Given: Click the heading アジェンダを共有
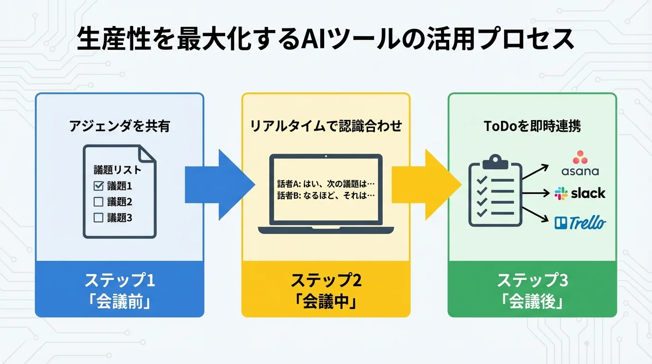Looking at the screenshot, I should coord(119,126).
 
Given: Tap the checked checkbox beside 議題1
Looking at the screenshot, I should coord(99,186).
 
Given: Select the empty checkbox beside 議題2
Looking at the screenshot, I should coord(99,202).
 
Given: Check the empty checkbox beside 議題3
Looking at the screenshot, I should coord(99,218).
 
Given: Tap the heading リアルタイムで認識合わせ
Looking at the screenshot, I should coord(326,126).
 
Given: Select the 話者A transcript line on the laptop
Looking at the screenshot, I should coord(326,183).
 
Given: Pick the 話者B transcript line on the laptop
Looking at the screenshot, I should coord(326,195).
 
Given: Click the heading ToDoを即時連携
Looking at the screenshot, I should coord(532,126).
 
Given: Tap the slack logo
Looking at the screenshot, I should coord(580,193).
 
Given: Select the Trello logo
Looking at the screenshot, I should coord(580,222).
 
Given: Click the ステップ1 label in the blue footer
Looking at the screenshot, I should coord(119,281).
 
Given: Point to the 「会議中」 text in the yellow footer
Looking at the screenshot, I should coord(326,301).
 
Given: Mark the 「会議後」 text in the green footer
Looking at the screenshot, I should coord(532,301).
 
